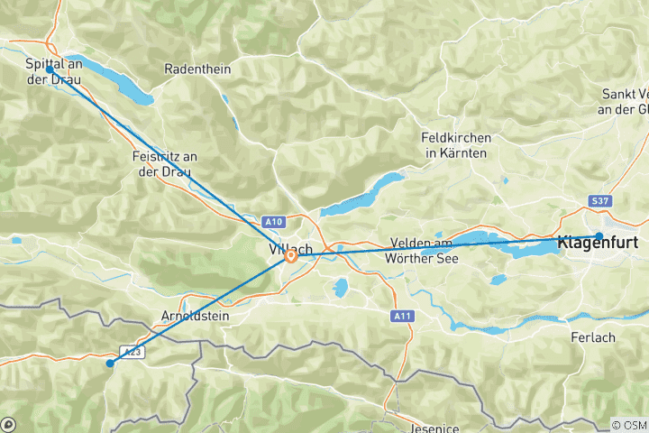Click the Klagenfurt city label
pyautogui.click(x=599, y=244)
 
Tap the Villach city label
pyautogui.click(x=288, y=248)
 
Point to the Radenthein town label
pyautogui.click(x=198, y=69)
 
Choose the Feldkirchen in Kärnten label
pyautogui.click(x=456, y=145)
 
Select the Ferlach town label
pyautogui.click(x=593, y=336)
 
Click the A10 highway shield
pyautogui.click(x=275, y=221)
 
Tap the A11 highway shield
pyautogui.click(x=402, y=316)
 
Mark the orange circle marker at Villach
pyautogui.click(x=291, y=256)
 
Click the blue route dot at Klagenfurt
pyautogui.click(x=599, y=236)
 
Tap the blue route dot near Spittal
pyautogui.click(x=49, y=69)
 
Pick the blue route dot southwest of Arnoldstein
pyautogui.click(x=109, y=364)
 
